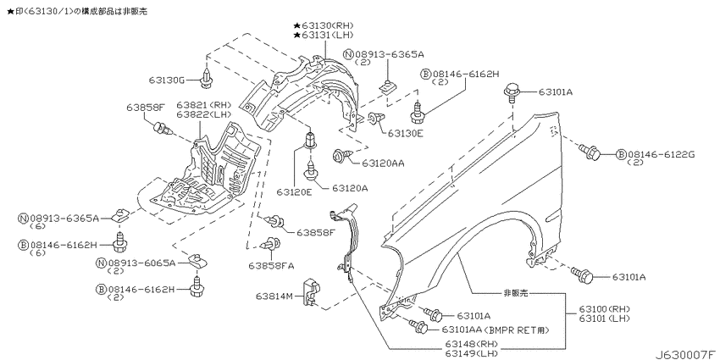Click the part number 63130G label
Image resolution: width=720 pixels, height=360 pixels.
click(166, 80)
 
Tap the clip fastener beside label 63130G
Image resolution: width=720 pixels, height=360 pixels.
click(206, 79)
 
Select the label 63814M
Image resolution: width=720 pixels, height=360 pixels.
click(274, 296)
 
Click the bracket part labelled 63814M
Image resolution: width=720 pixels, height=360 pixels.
click(310, 292)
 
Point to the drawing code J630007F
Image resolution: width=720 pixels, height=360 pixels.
click(686, 355)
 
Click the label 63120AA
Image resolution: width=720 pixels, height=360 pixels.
click(383, 163)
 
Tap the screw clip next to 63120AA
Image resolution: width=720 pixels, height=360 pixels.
click(341, 155)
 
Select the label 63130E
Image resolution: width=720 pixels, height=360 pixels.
click(406, 134)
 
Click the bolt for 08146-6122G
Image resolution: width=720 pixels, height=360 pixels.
click(590, 152)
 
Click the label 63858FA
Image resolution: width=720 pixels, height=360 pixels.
click(271, 266)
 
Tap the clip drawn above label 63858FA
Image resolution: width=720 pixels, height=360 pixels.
click(271, 245)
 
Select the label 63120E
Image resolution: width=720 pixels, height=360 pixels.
click(294, 192)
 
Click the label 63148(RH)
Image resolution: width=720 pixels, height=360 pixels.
click(471, 344)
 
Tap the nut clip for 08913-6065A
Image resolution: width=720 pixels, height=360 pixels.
click(196, 260)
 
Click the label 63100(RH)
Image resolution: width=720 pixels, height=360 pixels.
click(604, 308)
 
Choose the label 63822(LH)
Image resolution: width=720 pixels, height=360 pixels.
click(204, 114)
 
